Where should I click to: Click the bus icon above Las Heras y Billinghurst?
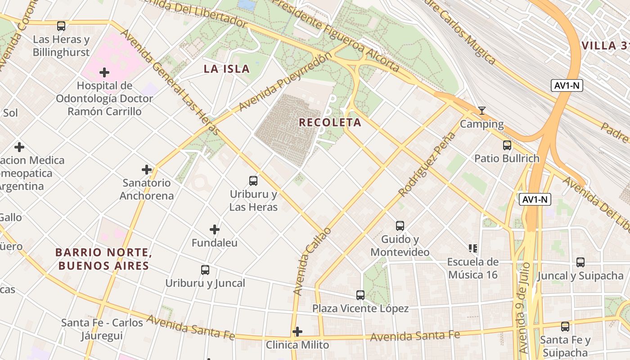(61, 26)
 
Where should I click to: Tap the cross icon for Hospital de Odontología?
(104, 72)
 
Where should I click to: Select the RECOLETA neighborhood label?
(330, 122)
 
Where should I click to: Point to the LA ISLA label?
(226, 69)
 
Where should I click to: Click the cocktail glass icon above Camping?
(482, 111)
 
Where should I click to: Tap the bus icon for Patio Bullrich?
(507, 145)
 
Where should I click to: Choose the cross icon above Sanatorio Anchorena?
(147, 170)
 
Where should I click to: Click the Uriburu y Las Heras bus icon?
(253, 181)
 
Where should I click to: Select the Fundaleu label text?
(215, 243)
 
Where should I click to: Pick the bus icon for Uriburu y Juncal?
(205, 270)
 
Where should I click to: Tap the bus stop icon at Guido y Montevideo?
(400, 226)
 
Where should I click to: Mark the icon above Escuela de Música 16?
(472, 248)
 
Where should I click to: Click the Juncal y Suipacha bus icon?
(580, 262)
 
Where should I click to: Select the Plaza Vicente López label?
(360, 309)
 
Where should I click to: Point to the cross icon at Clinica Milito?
(297, 332)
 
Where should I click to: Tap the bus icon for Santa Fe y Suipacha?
(565, 327)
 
